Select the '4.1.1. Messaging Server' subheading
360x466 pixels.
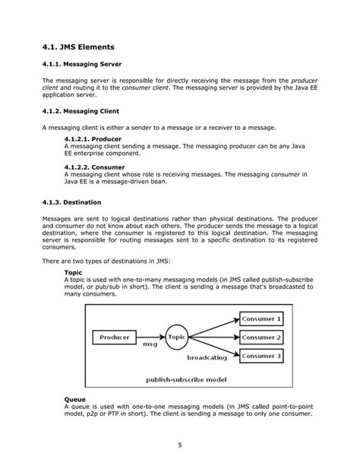(x=83, y=64)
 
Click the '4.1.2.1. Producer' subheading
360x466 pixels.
(x=92, y=140)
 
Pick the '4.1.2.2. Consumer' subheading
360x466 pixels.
(x=94, y=166)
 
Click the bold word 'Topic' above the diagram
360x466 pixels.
(x=74, y=271)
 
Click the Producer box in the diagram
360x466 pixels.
(x=115, y=336)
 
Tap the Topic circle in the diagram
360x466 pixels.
(x=176, y=336)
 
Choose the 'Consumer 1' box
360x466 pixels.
(x=261, y=319)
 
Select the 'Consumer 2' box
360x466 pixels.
(x=261, y=337)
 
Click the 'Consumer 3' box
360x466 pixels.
(x=261, y=355)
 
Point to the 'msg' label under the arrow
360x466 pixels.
(x=150, y=344)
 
